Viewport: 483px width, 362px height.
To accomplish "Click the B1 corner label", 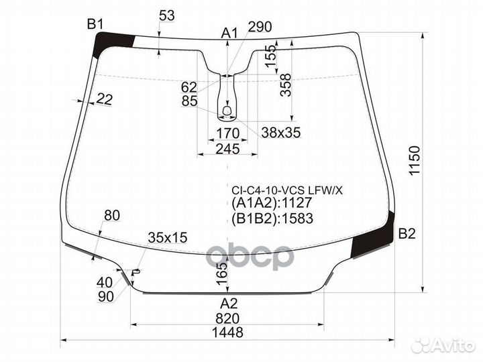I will [x=95, y=25].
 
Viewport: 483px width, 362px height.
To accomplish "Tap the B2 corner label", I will [x=407, y=234].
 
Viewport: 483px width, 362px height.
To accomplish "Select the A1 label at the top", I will [x=230, y=32].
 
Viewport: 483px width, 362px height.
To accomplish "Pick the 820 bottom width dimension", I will [x=228, y=318].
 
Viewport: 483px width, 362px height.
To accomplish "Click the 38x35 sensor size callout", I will [x=280, y=133].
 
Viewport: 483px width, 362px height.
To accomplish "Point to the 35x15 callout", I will [x=167, y=237].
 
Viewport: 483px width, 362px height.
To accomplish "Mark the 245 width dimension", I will [x=227, y=148].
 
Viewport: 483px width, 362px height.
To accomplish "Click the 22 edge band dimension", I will [x=104, y=99].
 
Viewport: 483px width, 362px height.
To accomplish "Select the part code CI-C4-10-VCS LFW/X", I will [x=287, y=190].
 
